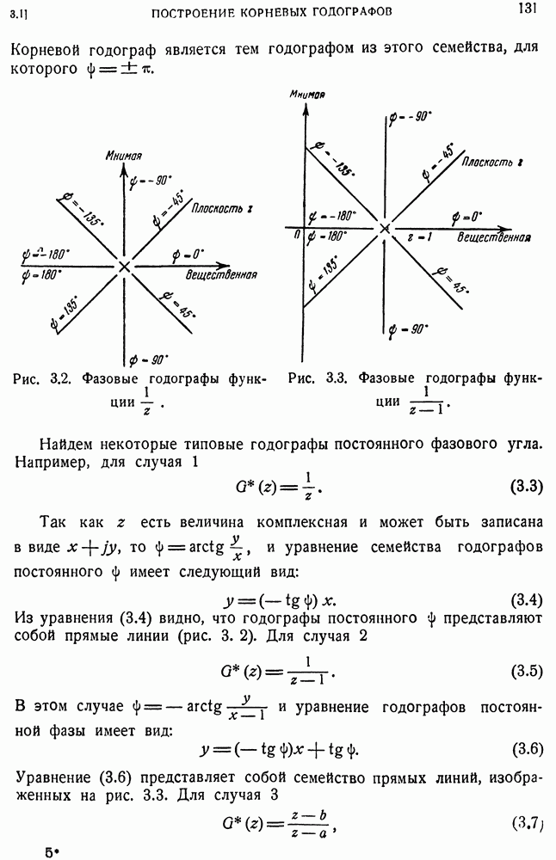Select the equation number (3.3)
tap(526, 487)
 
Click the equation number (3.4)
tap(526, 598)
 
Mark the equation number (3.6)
tap(526, 747)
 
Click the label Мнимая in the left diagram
tap(124, 156)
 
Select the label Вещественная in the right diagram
tap(493, 237)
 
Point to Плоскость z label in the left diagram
tap(222, 207)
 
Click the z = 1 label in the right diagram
tap(419, 236)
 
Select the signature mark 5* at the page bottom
tap(52, 852)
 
